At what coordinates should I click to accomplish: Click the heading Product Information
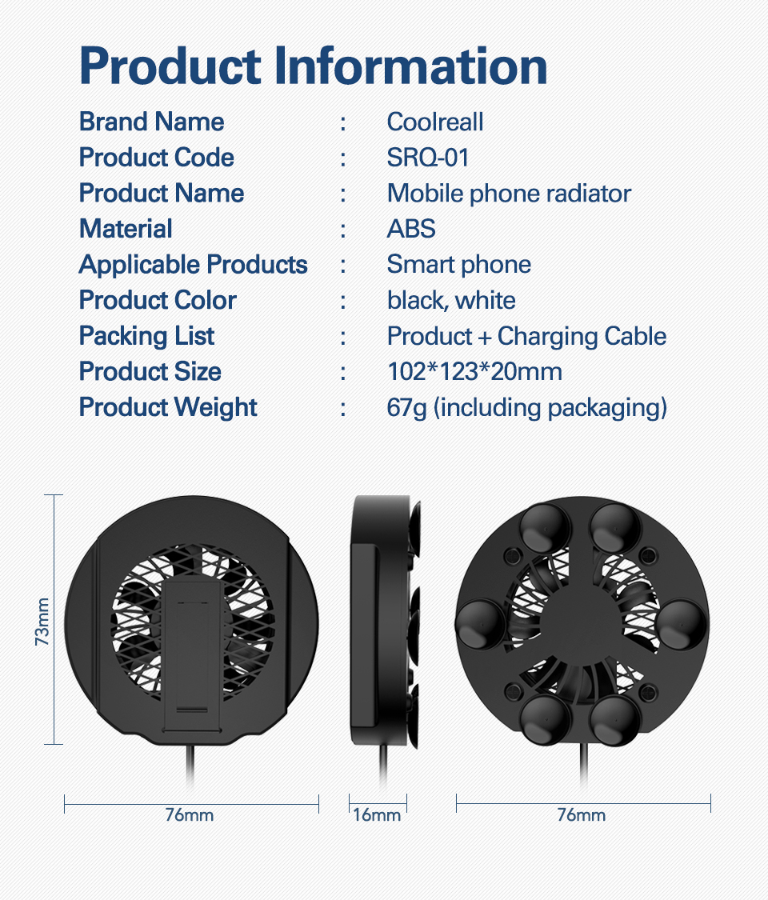(x=313, y=66)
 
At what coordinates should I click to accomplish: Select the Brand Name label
(x=151, y=122)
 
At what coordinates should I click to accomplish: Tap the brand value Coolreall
(x=435, y=122)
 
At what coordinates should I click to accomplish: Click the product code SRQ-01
(x=428, y=158)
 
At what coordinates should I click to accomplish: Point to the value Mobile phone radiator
(x=509, y=194)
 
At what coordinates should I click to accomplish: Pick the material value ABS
(x=411, y=229)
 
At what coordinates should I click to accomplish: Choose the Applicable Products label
(x=193, y=265)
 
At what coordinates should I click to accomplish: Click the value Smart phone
(x=458, y=265)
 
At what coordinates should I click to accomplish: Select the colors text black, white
(x=451, y=301)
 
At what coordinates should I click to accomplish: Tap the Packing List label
(x=146, y=336)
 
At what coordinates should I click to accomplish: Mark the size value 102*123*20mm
(x=474, y=372)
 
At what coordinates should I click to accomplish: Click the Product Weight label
(x=168, y=407)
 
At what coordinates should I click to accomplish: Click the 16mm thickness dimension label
(x=377, y=815)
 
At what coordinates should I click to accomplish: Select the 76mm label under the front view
(x=190, y=815)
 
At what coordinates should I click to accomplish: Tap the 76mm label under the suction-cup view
(x=582, y=815)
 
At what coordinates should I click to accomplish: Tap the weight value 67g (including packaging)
(x=526, y=407)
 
